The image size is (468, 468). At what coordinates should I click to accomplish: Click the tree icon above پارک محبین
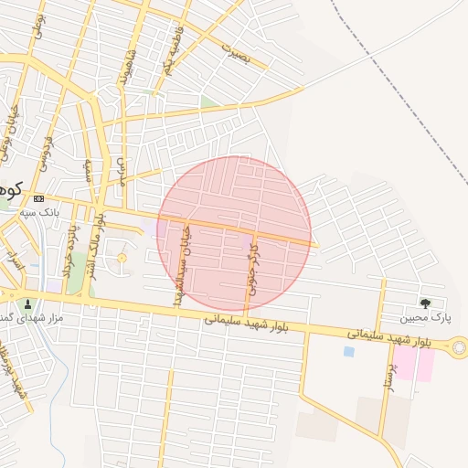[425, 303]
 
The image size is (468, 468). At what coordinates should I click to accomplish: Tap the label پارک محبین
[426, 318]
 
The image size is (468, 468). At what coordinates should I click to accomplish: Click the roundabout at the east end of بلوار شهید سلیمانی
[459, 346]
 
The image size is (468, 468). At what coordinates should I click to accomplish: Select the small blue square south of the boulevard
[348, 351]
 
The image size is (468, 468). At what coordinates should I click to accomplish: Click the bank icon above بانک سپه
[38, 198]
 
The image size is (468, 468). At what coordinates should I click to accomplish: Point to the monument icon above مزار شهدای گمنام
[27, 304]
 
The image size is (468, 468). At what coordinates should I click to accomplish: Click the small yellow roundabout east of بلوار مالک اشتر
[122, 259]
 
